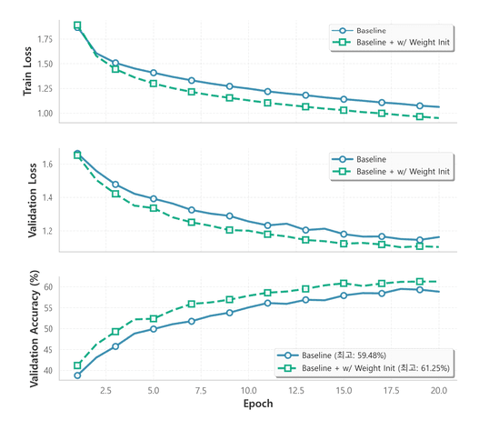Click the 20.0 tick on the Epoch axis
(x=439, y=389)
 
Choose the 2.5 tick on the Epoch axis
(x=105, y=389)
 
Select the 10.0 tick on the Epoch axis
(x=249, y=389)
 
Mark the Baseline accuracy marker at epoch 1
(x=77, y=375)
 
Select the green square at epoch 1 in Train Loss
(x=77, y=25)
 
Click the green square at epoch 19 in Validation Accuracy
(x=420, y=282)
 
